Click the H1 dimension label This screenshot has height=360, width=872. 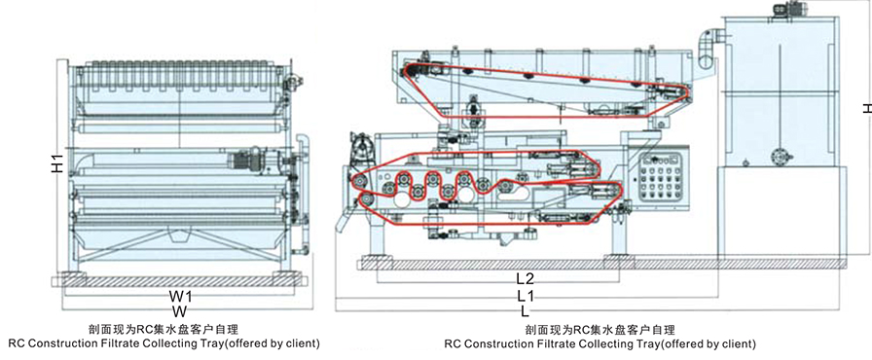(56, 164)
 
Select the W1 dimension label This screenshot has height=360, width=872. (178, 295)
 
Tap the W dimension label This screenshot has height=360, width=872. (178, 310)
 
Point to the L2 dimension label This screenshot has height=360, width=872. (526, 279)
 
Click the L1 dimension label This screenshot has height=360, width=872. (526, 295)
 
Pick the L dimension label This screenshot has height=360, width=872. (526, 310)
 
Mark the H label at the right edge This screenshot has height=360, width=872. (865, 109)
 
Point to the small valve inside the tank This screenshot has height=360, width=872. (778, 153)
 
